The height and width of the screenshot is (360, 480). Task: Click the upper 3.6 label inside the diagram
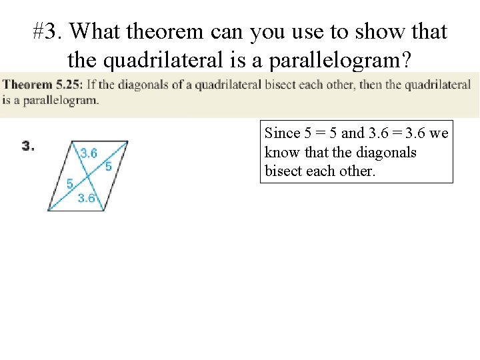(x=89, y=153)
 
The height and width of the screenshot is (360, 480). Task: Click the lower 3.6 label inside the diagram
(x=86, y=197)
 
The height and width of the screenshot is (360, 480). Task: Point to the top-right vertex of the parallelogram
(x=128, y=141)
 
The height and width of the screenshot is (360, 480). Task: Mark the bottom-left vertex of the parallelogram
(x=48, y=211)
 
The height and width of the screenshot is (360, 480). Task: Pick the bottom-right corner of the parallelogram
(x=105, y=211)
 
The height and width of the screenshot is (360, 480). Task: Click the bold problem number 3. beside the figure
(x=29, y=145)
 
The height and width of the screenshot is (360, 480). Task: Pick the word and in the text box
(x=353, y=133)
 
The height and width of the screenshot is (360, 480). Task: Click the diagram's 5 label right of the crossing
(x=108, y=166)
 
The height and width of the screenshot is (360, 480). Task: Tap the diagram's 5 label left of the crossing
(x=69, y=184)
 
